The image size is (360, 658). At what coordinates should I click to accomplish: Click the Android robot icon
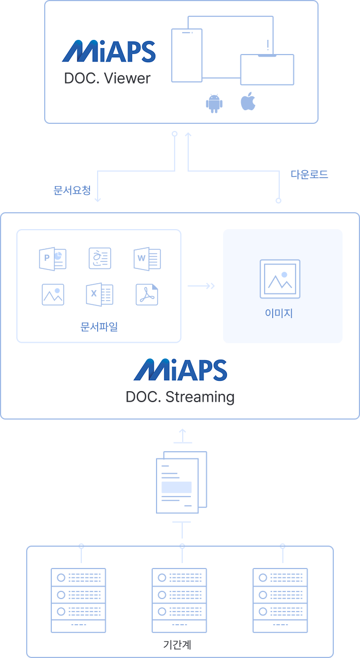(x=214, y=103)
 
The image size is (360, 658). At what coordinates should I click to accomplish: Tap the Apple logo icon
(x=248, y=102)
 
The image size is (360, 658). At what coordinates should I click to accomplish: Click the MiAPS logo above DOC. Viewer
(x=109, y=51)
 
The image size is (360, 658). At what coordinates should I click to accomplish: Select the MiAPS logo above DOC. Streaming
(x=180, y=370)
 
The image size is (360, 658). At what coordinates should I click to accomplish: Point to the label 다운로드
(x=309, y=175)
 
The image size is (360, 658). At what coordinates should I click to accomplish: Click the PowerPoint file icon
(x=53, y=258)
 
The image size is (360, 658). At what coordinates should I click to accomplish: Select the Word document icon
(x=147, y=258)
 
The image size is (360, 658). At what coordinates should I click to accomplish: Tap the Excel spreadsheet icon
(x=99, y=295)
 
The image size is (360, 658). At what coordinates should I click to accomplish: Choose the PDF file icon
(x=147, y=295)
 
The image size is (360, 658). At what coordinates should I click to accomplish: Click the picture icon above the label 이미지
(x=280, y=279)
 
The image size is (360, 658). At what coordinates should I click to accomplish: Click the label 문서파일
(x=99, y=327)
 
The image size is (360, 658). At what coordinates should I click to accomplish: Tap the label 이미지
(x=279, y=314)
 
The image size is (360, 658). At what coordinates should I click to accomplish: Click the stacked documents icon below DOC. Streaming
(x=181, y=482)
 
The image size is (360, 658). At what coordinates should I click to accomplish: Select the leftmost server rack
(x=79, y=600)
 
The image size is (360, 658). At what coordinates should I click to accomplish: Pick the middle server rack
(x=179, y=600)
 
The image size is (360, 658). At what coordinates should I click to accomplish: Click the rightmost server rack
(x=280, y=600)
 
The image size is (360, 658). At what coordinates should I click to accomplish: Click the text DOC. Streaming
(x=180, y=397)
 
